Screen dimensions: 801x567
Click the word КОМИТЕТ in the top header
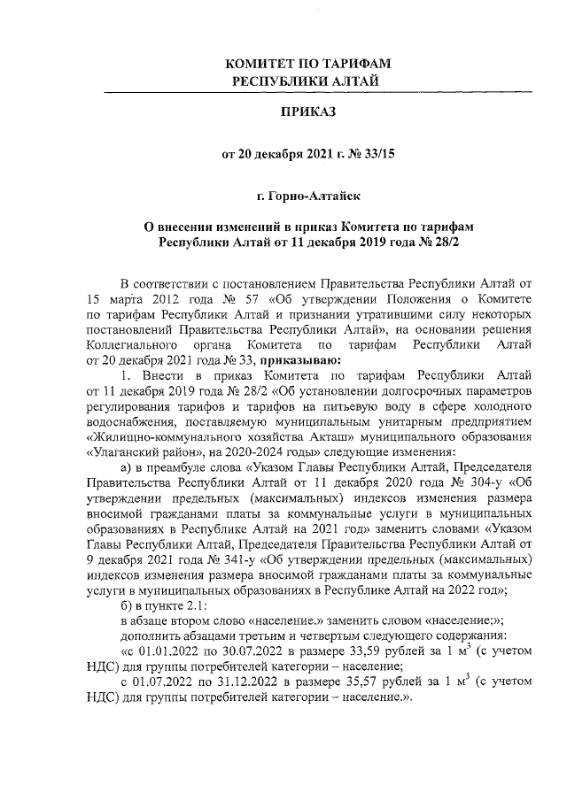coord(260,65)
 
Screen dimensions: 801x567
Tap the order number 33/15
coord(376,153)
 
